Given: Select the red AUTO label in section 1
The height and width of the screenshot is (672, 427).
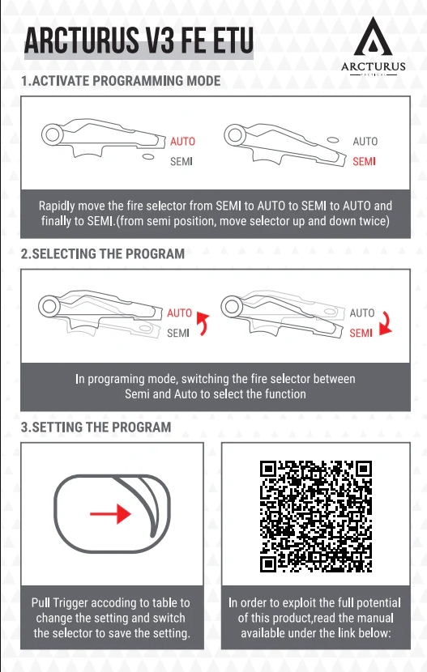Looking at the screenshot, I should pyautogui.click(x=182, y=141).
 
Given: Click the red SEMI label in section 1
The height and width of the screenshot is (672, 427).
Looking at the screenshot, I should pyautogui.click(x=365, y=162).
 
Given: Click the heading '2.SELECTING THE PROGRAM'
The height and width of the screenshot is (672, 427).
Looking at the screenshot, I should pyautogui.click(x=102, y=253).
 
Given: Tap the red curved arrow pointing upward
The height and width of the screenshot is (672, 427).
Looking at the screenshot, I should pyautogui.click(x=202, y=324).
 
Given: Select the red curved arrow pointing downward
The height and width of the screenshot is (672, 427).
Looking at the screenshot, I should pyautogui.click(x=387, y=324).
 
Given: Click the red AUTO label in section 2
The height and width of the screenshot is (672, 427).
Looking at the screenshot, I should pyautogui.click(x=180, y=313).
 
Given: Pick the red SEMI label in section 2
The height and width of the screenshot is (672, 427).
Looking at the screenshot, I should pyautogui.click(x=361, y=333).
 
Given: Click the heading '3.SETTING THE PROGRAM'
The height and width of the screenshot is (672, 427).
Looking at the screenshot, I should pyautogui.click(x=96, y=427).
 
